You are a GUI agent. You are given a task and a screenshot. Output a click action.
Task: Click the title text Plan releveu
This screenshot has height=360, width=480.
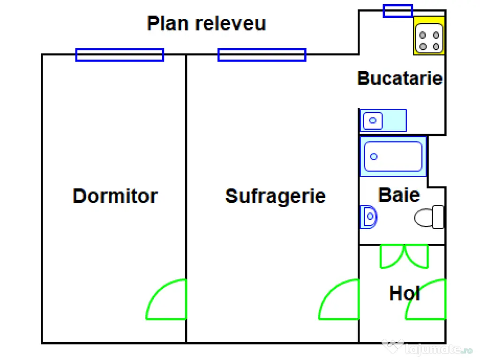[x=206, y=23]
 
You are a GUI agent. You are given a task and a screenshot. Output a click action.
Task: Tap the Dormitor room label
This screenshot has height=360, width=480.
[x=115, y=196]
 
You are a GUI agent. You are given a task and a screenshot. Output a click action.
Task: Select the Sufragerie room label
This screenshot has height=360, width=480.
[x=275, y=196]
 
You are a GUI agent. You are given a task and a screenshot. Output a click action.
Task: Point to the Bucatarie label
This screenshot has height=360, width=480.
[x=400, y=78]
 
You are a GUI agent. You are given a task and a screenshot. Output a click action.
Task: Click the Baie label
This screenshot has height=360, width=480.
[x=399, y=195]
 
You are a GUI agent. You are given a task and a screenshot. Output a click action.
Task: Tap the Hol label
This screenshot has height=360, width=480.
[x=404, y=294]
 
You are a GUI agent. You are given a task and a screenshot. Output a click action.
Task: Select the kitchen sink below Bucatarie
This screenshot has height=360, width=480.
[x=383, y=120]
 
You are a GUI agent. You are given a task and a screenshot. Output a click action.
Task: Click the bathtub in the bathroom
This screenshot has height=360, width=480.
[x=393, y=157]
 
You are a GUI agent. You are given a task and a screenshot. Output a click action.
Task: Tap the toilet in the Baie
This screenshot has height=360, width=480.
[x=430, y=217]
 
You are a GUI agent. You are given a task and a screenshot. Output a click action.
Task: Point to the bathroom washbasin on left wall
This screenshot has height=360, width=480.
[x=369, y=217]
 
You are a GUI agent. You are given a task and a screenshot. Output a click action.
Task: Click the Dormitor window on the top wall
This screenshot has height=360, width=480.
[x=120, y=55]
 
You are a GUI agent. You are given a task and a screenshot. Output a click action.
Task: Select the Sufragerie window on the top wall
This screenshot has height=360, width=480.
[x=262, y=55]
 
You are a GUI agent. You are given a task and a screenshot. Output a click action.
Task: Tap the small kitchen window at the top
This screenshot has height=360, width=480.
[x=397, y=11]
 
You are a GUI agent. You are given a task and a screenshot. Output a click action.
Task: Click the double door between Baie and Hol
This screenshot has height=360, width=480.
[x=404, y=256]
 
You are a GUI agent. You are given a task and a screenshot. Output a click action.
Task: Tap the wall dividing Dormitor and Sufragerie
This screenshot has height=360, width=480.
[x=186, y=187]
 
